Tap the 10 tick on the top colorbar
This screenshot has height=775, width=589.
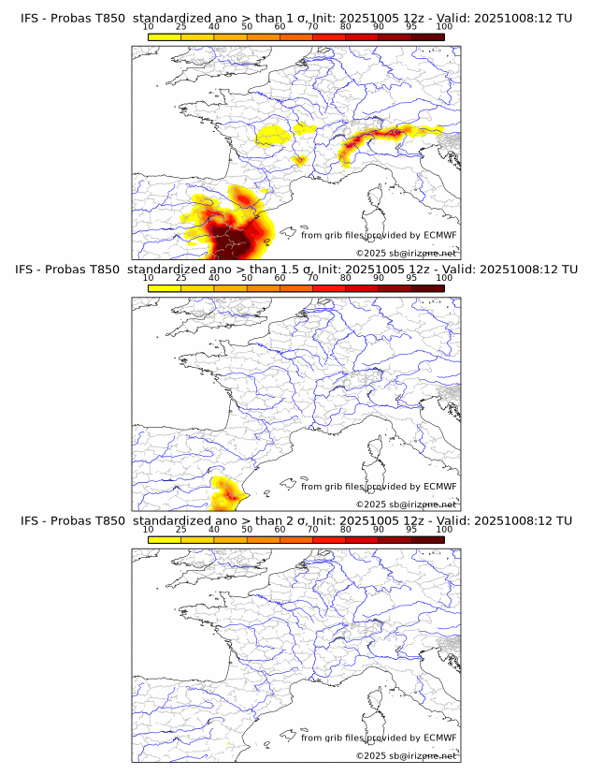[149, 26]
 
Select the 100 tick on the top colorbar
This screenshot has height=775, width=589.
[444, 26]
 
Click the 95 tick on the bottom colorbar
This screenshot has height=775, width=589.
[411, 529]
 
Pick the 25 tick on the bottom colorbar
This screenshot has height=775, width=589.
[181, 529]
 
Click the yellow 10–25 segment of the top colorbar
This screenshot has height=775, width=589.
[165, 37]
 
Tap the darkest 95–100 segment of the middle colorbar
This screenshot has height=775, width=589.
[427, 287]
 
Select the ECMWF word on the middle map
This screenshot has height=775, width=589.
[439, 487]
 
